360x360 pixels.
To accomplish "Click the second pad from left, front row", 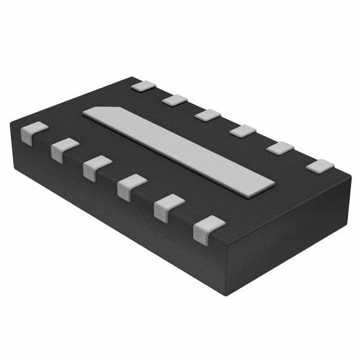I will (65, 149).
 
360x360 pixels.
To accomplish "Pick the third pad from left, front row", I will (97, 167).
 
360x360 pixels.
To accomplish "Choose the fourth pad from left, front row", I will (132, 186).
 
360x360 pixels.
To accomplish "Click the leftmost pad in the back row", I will (143, 85).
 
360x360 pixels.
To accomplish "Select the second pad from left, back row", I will (175, 100).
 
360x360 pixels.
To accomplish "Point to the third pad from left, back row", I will (208, 115).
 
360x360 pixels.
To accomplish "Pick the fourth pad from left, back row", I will (242, 132).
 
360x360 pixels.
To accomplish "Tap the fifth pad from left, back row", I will (280, 148).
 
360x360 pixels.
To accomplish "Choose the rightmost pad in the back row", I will (319, 166).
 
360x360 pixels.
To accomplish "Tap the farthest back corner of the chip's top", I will (133, 76).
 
